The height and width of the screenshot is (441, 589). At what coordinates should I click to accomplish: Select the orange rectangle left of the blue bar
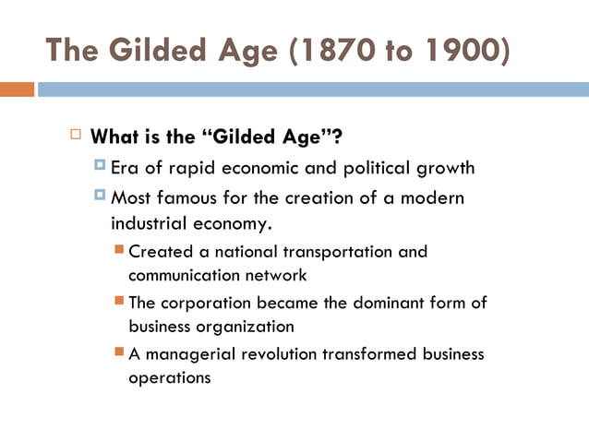[17, 89]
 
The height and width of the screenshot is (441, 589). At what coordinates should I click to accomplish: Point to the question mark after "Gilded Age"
[337, 137]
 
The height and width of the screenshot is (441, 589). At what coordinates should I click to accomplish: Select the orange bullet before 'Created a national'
[119, 249]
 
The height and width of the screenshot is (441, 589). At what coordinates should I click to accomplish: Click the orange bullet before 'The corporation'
[119, 301]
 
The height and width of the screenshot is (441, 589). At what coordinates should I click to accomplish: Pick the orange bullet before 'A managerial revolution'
[119, 352]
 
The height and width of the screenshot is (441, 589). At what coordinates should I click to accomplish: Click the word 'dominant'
[387, 303]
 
